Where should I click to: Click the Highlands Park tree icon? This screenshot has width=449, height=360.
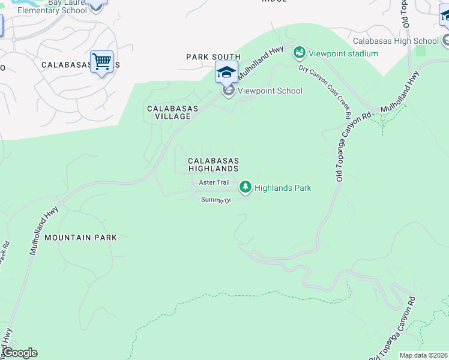click(x=245, y=188)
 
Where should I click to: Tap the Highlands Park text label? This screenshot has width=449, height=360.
click(x=283, y=188)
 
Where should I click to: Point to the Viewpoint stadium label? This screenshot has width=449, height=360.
click(x=343, y=53)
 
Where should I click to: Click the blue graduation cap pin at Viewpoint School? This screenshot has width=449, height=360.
click(x=226, y=73)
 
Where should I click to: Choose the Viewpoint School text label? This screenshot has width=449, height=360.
click(x=270, y=91)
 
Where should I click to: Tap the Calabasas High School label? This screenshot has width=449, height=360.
click(x=396, y=41)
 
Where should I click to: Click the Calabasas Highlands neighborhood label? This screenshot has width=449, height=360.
click(x=214, y=165)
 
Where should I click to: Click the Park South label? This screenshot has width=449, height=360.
click(x=213, y=57)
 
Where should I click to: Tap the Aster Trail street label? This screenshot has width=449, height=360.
click(x=215, y=182)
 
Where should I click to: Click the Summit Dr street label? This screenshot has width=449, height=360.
click(x=216, y=200)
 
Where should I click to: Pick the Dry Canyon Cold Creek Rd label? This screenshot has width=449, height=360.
click(x=326, y=90)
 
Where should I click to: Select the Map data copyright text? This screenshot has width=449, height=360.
click(x=423, y=355)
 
